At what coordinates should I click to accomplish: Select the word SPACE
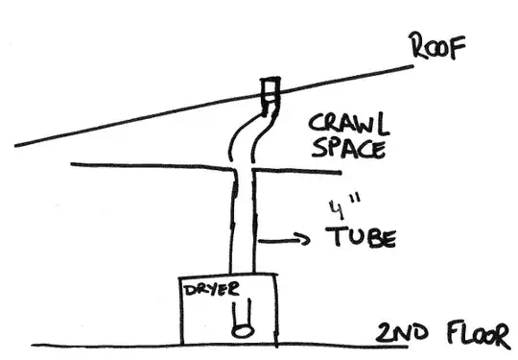347,151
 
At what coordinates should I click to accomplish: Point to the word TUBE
362,236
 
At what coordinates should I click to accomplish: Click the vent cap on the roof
271,92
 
